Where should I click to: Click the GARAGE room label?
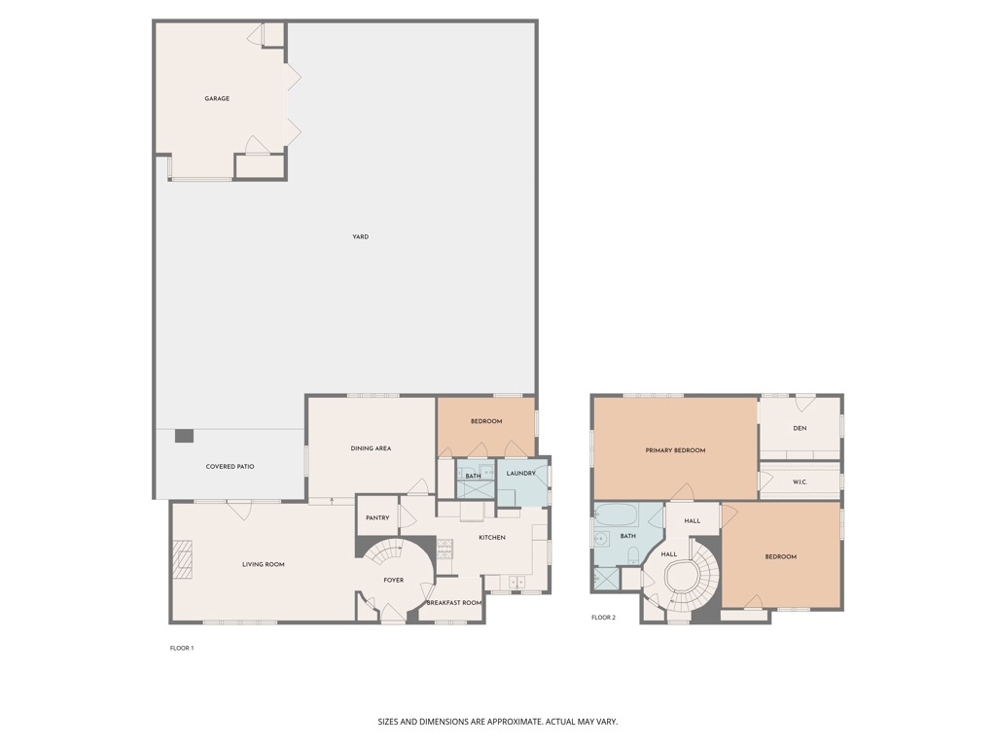(217, 98)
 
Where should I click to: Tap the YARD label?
(361, 236)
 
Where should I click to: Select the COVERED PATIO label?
(231, 467)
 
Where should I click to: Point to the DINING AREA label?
(371, 448)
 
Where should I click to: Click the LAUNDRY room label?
(521, 474)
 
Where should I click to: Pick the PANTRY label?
(377, 518)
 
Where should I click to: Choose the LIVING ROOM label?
(264, 564)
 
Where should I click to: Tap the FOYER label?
(393, 581)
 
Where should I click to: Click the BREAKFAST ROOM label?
(454, 603)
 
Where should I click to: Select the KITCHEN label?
(492, 538)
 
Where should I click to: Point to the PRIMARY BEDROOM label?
(675, 450)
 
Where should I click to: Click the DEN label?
(800, 428)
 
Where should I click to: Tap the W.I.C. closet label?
(800, 481)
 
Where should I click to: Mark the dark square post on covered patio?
(184, 436)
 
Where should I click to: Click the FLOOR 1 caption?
(182, 648)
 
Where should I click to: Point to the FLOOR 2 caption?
(603, 618)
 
